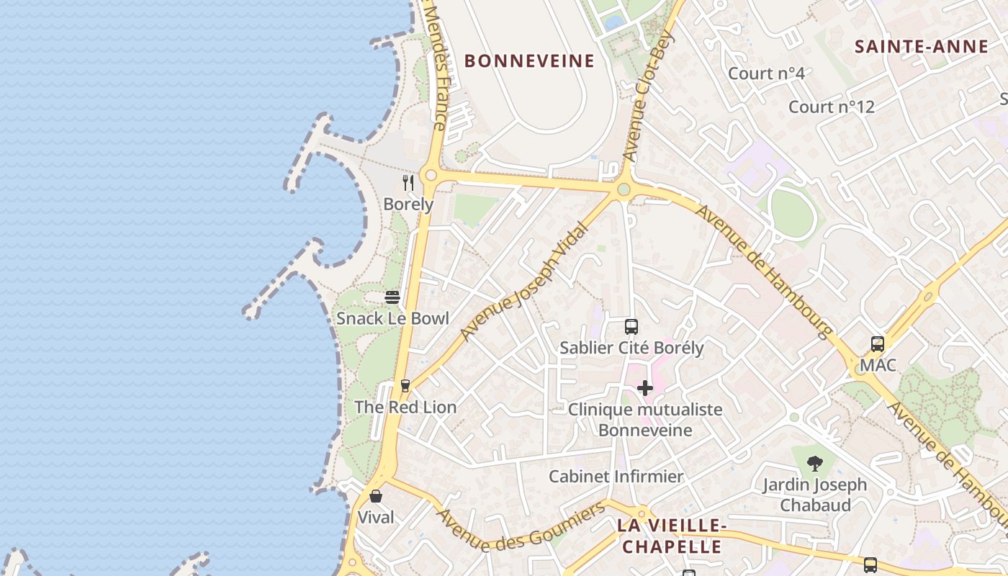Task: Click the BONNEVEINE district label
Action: click(529, 60)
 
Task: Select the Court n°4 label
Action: click(766, 73)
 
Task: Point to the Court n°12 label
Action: click(831, 107)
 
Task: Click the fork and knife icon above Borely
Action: click(408, 183)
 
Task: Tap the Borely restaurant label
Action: click(408, 204)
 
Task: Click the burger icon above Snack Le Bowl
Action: click(392, 297)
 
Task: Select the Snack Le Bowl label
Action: click(392, 318)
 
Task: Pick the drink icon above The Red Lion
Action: click(405, 386)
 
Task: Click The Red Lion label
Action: click(405, 408)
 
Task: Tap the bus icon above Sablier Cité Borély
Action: click(631, 327)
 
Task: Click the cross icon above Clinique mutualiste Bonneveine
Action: click(645, 388)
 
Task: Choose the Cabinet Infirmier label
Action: click(616, 477)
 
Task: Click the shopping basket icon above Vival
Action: click(376, 496)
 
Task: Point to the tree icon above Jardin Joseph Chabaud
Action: click(815, 464)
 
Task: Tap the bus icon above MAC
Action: click(877, 344)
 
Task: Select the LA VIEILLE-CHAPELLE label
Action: click(671, 536)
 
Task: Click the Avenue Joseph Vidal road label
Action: click(523, 282)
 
